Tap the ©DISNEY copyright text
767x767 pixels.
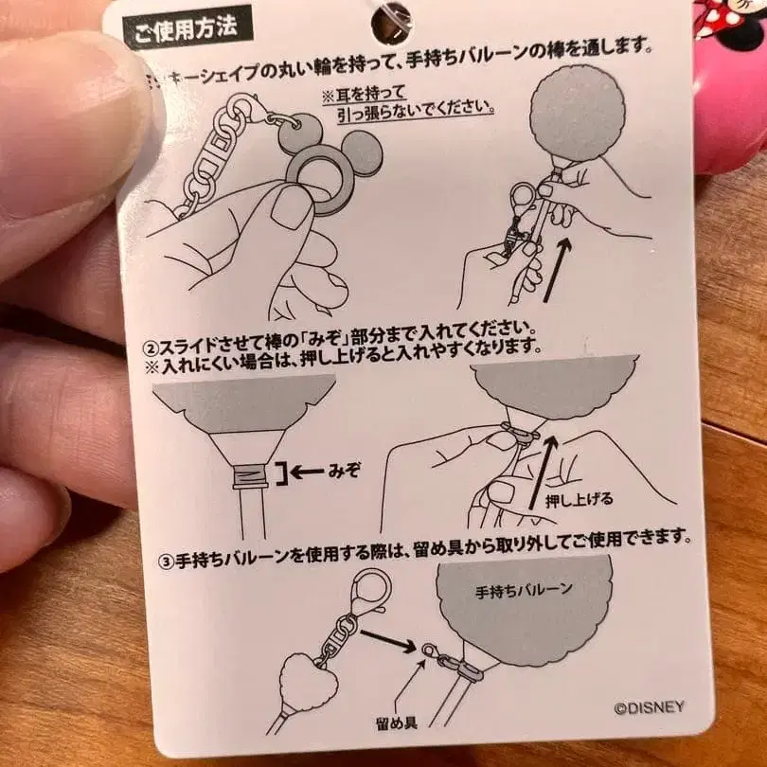tap(649, 707)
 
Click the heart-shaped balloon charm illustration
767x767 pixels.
tap(305, 684)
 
